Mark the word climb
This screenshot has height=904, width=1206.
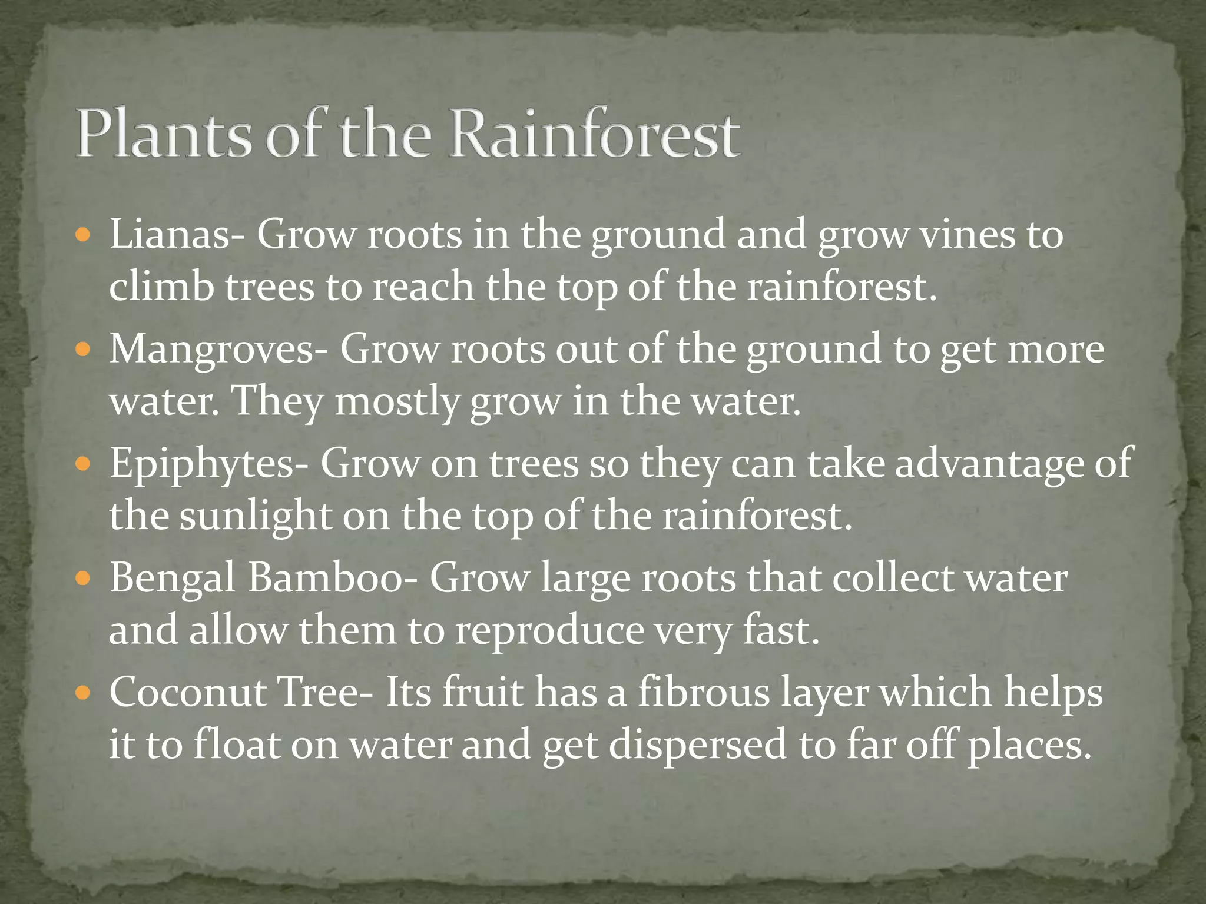click(161, 287)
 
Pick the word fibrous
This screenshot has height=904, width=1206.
click(704, 692)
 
